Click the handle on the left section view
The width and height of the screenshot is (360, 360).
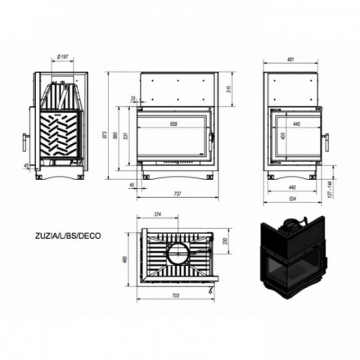click(x=24, y=141)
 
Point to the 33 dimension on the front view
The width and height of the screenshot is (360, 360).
click(x=133, y=99)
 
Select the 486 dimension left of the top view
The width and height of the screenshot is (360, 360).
click(x=124, y=259)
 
